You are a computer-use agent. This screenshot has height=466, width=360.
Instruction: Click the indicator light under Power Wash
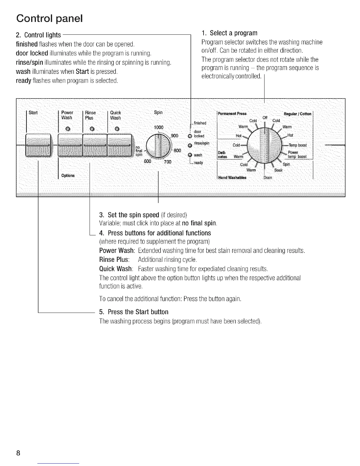tap(68, 129)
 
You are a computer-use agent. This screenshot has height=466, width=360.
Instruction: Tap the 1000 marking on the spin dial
tap(159, 127)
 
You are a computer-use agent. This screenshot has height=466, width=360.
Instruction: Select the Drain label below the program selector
tap(268, 178)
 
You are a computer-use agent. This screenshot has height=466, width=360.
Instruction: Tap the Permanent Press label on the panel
tap(232, 114)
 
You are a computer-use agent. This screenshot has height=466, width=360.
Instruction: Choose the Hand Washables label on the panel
tap(232, 178)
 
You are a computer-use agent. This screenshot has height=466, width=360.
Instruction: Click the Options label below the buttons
tap(68, 176)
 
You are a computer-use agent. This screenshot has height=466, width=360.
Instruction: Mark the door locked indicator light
tap(190, 136)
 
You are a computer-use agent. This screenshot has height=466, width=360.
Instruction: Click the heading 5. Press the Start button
tap(134, 312)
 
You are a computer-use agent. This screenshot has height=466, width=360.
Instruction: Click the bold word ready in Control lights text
tap(23, 80)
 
